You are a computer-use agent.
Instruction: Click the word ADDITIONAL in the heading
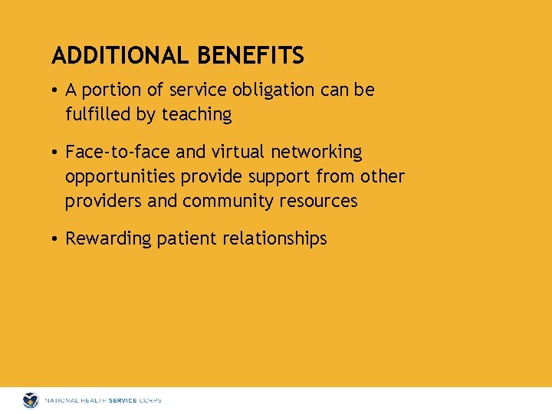pyautogui.click(x=121, y=56)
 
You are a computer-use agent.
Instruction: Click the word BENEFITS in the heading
pyautogui.click(x=251, y=56)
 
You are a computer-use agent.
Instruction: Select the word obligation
pyautogui.click(x=271, y=90)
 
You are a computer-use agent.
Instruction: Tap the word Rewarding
pyautogui.click(x=108, y=239)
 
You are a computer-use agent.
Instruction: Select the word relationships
pyautogui.click(x=274, y=239)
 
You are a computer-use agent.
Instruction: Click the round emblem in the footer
pyautogui.click(x=31, y=400)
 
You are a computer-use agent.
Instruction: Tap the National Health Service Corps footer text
pyautogui.click(x=103, y=400)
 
